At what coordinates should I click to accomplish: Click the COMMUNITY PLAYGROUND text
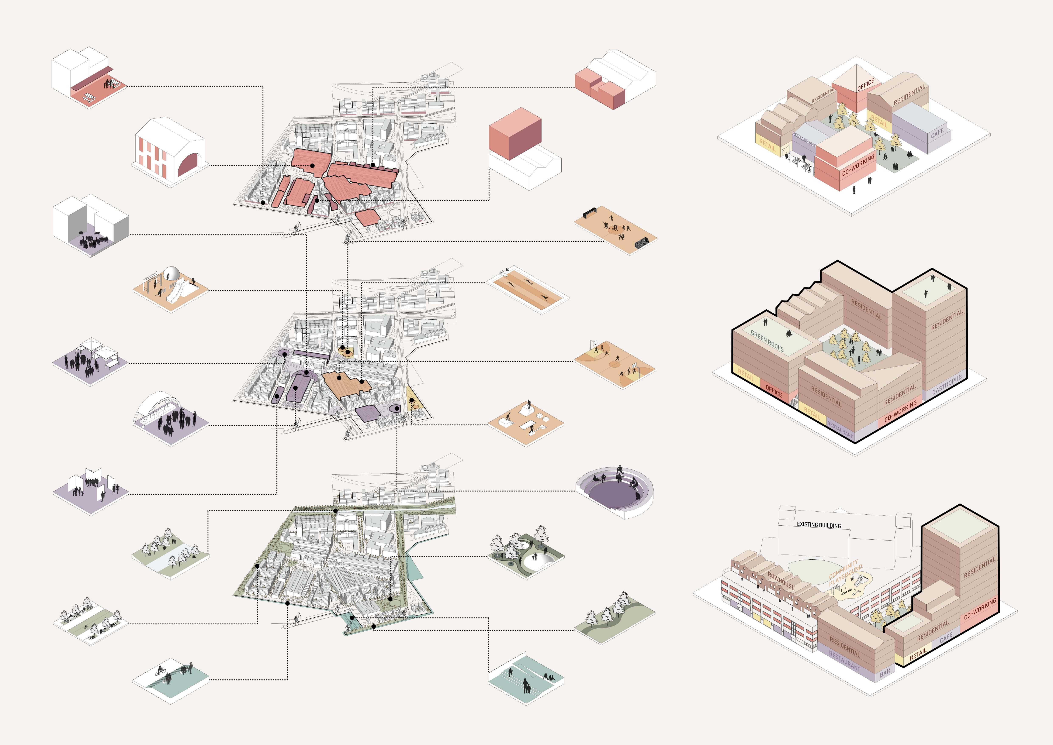[x=845, y=573]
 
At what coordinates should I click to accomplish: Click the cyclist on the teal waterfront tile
[x=160, y=671]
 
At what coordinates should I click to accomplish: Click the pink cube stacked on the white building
[x=515, y=133]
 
